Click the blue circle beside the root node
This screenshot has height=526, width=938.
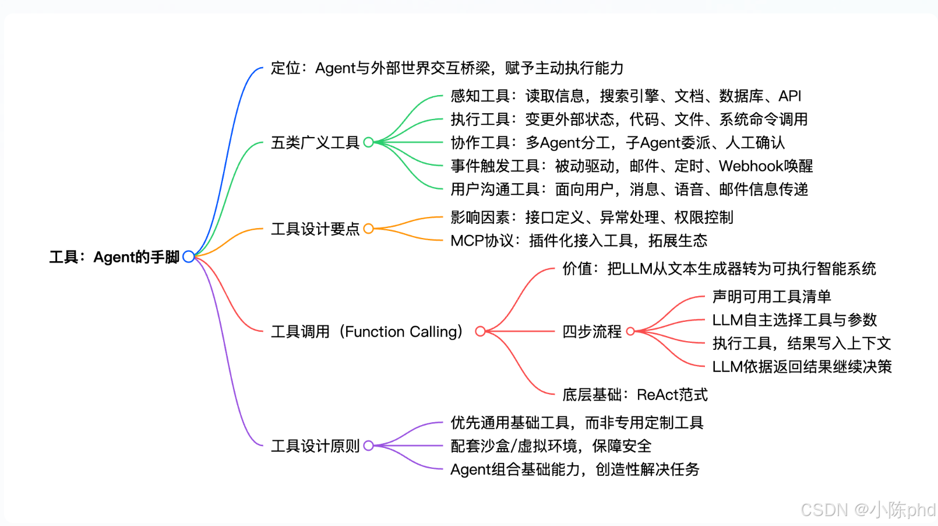coord(184,257)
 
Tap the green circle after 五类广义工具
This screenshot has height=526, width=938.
coord(364,142)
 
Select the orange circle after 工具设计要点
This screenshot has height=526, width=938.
coord(364,229)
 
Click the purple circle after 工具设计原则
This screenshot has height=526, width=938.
coord(364,446)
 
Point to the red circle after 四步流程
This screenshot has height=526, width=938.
coord(626,332)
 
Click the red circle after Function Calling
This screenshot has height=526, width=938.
coord(475,332)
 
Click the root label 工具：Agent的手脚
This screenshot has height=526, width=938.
coord(114,257)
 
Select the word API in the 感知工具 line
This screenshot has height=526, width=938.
coord(790,96)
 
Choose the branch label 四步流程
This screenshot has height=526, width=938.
coord(592,332)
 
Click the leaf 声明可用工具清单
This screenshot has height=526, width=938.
coord(772,296)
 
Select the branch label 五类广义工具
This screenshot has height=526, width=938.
coord(315,142)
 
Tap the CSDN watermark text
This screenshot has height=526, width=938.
coord(868,510)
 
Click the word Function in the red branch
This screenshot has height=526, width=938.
coord(375,332)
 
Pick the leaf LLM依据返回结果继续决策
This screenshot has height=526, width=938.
coord(802,367)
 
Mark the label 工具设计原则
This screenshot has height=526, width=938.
coord(315,446)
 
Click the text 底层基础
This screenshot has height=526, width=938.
coord(592,395)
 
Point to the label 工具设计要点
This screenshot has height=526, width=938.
coord(315,229)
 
